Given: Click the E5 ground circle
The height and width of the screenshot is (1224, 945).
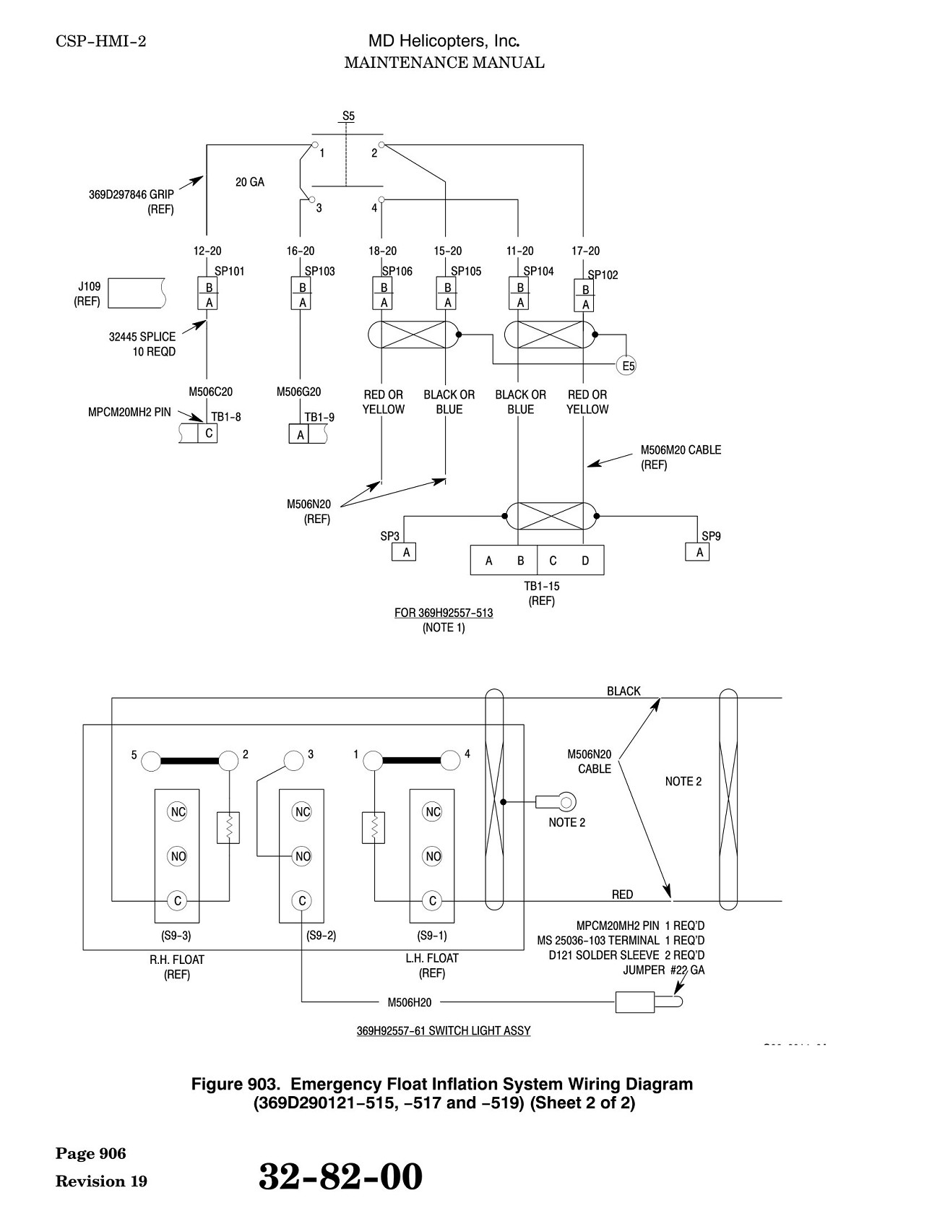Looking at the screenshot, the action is coord(628,366).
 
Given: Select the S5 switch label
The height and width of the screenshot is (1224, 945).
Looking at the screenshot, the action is coord(348,116).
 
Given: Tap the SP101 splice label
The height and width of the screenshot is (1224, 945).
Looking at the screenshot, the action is coord(230,272).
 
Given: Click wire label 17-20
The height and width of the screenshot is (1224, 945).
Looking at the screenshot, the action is coord(585,251).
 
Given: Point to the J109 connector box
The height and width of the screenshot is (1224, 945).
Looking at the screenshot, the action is coord(137,293).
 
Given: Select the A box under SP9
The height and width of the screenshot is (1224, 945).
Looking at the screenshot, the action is coord(698,552).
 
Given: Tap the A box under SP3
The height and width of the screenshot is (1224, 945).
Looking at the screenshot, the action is coord(405,552).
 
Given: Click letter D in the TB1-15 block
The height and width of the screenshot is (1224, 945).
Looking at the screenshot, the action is coord(585,561).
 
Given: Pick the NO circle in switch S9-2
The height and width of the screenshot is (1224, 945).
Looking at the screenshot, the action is coord(302,857).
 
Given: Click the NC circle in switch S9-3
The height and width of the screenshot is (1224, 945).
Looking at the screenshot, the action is coord(177,812).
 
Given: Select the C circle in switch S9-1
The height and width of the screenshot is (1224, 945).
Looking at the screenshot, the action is coord(432,901).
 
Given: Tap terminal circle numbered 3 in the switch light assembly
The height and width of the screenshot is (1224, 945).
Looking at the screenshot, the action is coord(293,760).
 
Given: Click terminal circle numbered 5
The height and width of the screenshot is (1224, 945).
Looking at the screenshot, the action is coord(151,760).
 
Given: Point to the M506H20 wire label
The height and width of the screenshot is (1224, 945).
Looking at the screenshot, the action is coord(409,1002).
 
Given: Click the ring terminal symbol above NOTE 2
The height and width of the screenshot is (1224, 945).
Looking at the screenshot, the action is coord(557,801).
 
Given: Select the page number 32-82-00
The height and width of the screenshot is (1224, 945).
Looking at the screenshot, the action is coord(340,1176).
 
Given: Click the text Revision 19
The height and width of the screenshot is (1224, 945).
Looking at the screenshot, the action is coord(101,1181).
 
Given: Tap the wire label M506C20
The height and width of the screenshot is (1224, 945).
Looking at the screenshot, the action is coord(211,392).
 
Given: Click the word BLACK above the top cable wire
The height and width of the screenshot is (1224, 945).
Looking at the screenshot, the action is coord(623,691).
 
